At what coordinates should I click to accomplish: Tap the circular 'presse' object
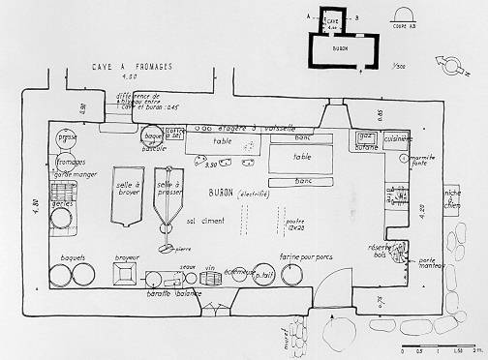coord(67,138)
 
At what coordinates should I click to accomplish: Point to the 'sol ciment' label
coord(205,222)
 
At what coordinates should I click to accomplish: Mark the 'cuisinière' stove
coord(399,140)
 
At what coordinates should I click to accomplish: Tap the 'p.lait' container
coord(262,274)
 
